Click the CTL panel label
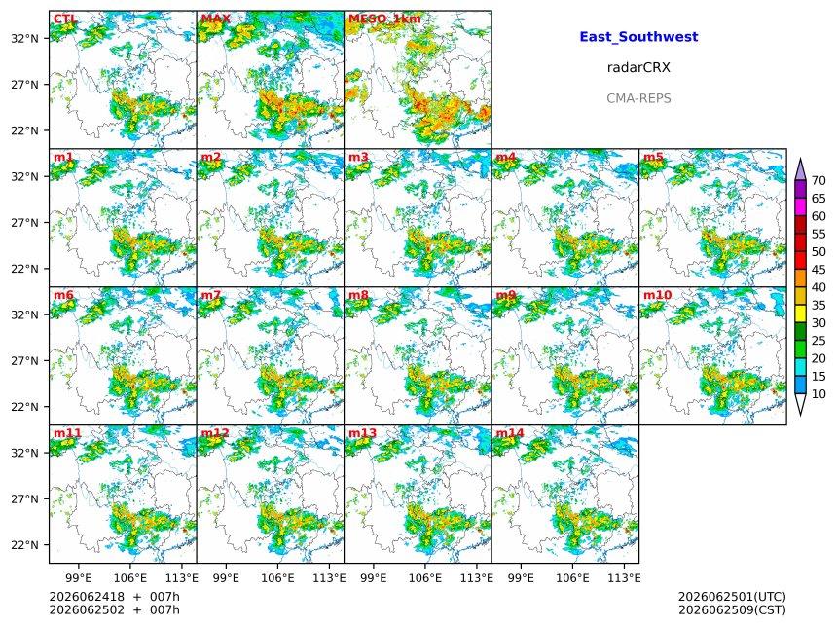[65, 18]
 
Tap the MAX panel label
[216, 18]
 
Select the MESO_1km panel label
[384, 18]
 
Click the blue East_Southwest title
[638, 37]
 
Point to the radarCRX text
[638, 68]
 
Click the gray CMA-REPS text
[638, 98]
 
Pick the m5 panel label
[653, 157]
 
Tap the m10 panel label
[657, 295]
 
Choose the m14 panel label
[510, 432]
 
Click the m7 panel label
[211, 295]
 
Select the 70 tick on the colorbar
[819, 181]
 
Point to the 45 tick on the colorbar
[819, 270]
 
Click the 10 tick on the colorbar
[819, 394]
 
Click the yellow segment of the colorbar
[800, 313]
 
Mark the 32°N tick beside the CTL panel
[24, 38]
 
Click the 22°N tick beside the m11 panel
[24, 545]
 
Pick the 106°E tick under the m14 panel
[573, 578]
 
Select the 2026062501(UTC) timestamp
[732, 597]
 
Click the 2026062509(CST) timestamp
[732, 609]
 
